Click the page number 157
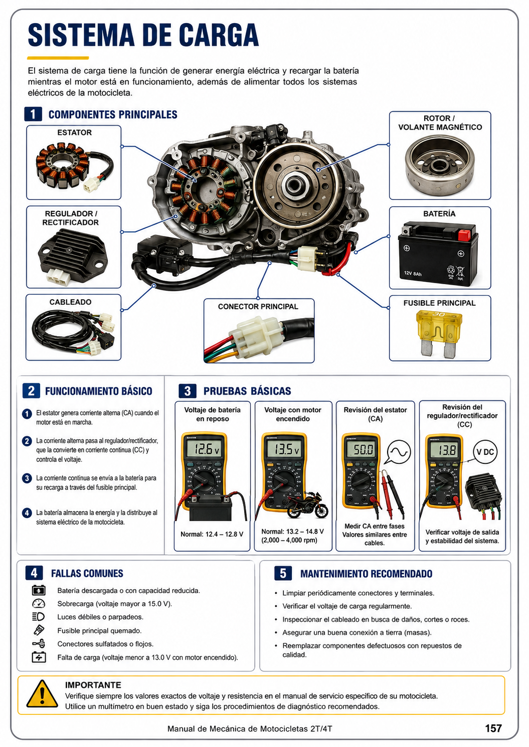[493, 728]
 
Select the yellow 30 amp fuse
[439, 334]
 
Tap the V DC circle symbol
[485, 452]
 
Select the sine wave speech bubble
[399, 452]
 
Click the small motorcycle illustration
[307, 505]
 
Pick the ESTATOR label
[74, 132]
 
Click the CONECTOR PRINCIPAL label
[258, 307]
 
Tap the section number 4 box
[34, 573]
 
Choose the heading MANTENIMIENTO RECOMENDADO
[366, 574]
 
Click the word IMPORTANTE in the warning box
[93, 685]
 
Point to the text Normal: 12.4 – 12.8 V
[212, 534]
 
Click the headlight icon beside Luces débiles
[39, 617]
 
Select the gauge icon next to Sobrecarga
[39, 603]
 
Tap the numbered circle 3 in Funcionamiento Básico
[27, 478]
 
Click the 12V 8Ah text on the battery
[413, 274]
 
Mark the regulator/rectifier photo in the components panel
[72, 257]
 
